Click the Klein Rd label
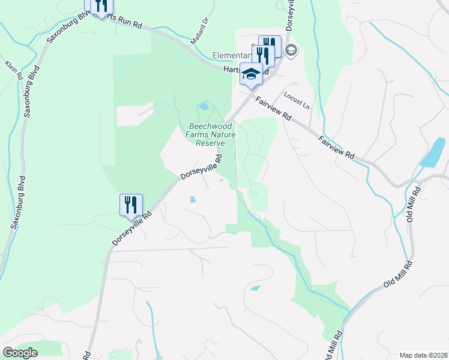pyautogui.click(x=13, y=70)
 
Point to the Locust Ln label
pyautogui.click(x=297, y=100)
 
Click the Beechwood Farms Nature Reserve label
pyautogui.click(x=206, y=134)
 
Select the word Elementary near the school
pyautogui.click(x=231, y=56)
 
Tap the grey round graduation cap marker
pyautogui.click(x=291, y=50)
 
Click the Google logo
pyautogui.click(x=20, y=353)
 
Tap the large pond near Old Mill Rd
pyautogui.click(x=433, y=152)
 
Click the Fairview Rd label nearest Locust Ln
pyautogui.click(x=271, y=109)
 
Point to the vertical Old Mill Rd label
pyautogui.click(x=412, y=204)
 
